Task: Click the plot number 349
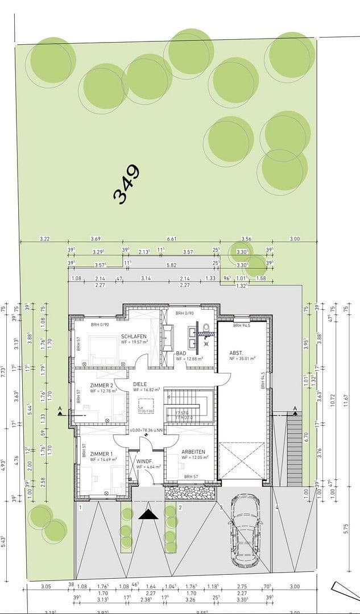[126, 184]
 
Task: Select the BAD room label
[181, 353]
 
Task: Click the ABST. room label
[236, 353]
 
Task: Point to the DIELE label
[140, 384]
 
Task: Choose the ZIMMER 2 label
[102, 385]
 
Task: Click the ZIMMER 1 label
[102, 453]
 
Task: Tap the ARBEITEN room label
[193, 453]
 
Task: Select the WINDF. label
[144, 461]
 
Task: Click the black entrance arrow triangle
[149, 515]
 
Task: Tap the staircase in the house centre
[188, 405]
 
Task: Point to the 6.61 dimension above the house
[171, 239]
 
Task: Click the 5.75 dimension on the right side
[346, 529]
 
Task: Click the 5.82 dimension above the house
[171, 265]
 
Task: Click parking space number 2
[180, 507]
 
